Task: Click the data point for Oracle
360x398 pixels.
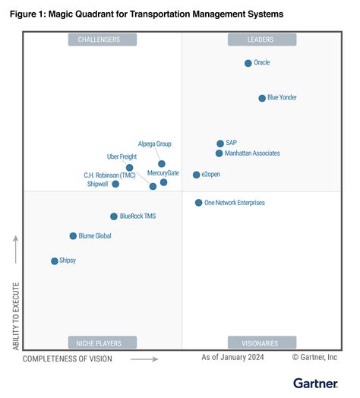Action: click(248, 63)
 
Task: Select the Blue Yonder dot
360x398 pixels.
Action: click(262, 98)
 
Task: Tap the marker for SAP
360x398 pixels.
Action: click(220, 143)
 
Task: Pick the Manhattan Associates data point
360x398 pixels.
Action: click(219, 153)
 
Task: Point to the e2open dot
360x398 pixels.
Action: click(197, 175)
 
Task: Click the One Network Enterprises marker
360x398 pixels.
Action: click(199, 203)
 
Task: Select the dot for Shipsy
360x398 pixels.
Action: click(54, 261)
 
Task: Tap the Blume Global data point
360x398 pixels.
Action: click(74, 236)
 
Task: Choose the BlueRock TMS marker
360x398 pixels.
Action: click(114, 216)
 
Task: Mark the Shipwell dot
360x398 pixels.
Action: click(115, 184)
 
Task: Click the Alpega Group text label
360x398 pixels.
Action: click(155, 144)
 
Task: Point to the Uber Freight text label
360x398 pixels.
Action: click(123, 156)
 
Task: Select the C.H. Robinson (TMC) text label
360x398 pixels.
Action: click(109, 175)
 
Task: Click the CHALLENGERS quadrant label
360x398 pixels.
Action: click(103, 39)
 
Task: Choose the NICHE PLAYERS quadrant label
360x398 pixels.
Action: click(103, 343)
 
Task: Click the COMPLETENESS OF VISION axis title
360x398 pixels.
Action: click(68, 359)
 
